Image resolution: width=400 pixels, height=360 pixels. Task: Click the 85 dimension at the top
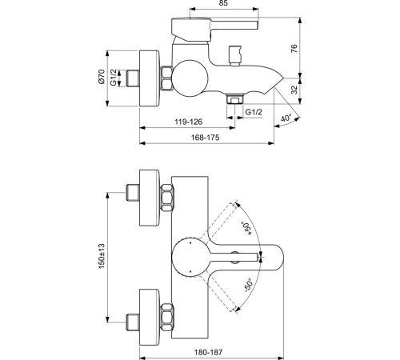click(224, 3)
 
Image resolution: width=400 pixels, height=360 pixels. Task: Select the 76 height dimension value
click(294, 49)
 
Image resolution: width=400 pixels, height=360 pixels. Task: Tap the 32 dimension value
click(294, 90)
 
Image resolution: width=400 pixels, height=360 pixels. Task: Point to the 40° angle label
click(286, 118)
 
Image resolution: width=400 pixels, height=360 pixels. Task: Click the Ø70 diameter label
click(102, 77)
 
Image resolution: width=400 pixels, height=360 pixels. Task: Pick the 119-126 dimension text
click(189, 122)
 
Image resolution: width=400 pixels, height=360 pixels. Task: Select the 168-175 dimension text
click(206, 138)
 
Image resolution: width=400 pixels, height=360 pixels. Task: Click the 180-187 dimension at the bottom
click(208, 353)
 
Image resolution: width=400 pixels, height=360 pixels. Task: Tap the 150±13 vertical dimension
click(102, 256)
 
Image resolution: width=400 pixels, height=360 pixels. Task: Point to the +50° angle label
click(246, 229)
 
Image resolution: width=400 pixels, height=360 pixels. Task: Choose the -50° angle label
click(248, 286)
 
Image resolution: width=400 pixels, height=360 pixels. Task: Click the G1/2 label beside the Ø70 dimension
click(114, 78)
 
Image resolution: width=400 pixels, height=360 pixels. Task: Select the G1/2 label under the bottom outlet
click(254, 112)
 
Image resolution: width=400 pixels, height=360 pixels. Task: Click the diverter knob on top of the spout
click(235, 55)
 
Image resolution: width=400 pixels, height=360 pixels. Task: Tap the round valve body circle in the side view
click(190, 78)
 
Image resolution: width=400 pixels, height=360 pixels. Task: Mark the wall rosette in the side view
click(150, 78)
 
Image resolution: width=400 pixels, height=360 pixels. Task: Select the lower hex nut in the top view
click(167, 318)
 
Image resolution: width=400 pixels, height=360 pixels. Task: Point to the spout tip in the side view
click(284, 78)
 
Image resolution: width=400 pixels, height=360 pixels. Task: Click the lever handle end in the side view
click(258, 25)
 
